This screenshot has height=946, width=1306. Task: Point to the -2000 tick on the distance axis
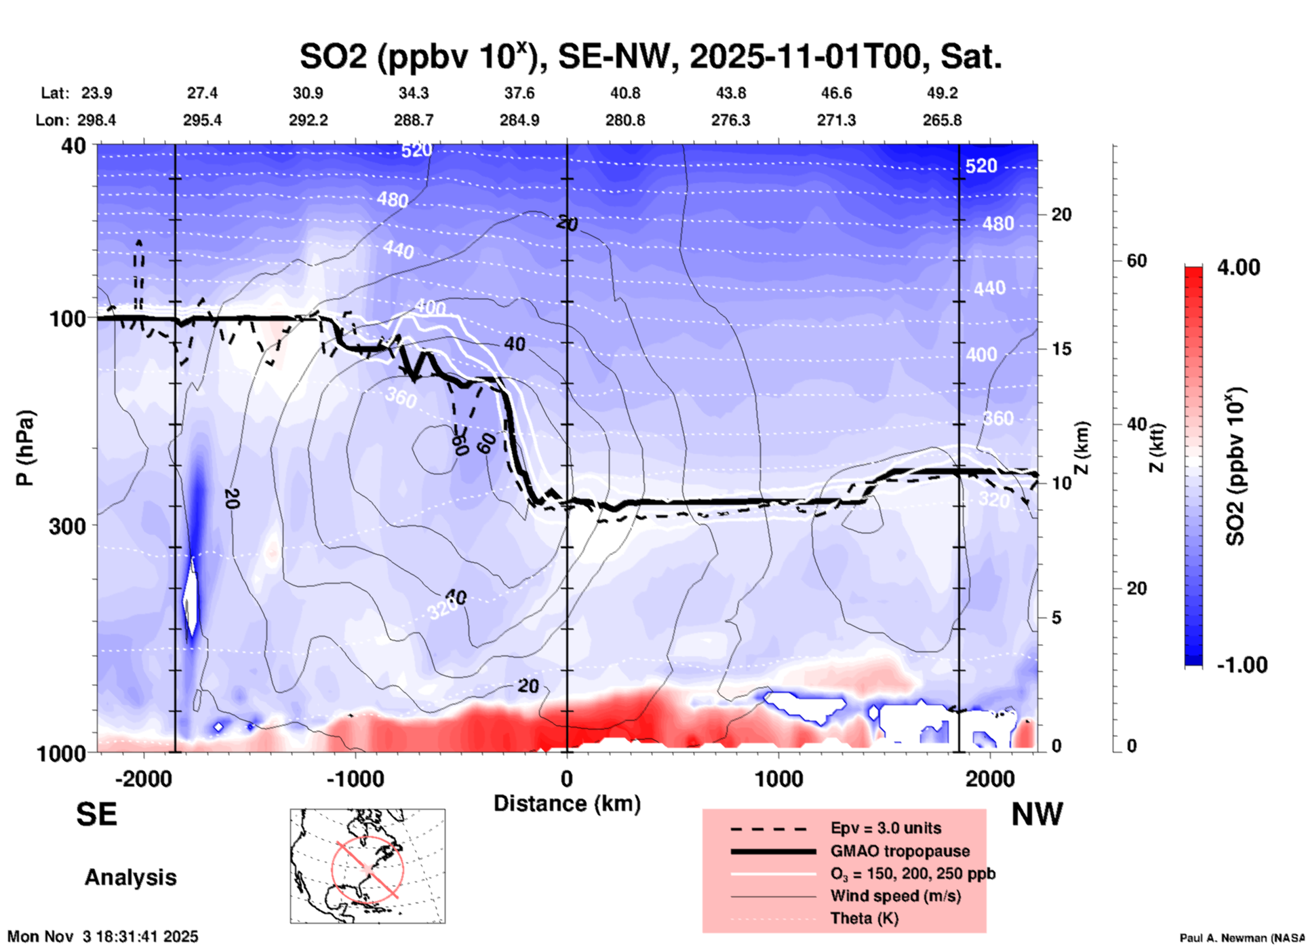pyautogui.click(x=144, y=778)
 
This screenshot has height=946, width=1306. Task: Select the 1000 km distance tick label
pyautogui.click(x=778, y=778)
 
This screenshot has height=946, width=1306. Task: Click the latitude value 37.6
pyautogui.click(x=519, y=93)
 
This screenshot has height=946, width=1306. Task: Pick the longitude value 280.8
pyautogui.click(x=625, y=120)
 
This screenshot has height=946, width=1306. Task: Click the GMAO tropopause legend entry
pyautogui.click(x=899, y=851)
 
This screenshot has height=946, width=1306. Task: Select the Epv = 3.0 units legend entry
pyautogui.click(x=885, y=828)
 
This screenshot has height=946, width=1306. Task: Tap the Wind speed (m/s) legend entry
pyautogui.click(x=895, y=896)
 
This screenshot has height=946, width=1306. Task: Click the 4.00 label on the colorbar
pyautogui.click(x=1238, y=267)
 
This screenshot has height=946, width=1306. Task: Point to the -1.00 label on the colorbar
pyautogui.click(x=1242, y=665)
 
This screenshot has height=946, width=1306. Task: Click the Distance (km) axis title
pyautogui.click(x=567, y=803)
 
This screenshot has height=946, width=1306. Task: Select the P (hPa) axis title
pyautogui.click(x=25, y=448)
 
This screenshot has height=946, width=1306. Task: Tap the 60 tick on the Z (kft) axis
pyautogui.click(x=1136, y=261)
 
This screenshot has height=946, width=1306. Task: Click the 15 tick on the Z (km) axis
pyautogui.click(x=1062, y=349)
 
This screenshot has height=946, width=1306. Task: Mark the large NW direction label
pyautogui.click(x=1037, y=814)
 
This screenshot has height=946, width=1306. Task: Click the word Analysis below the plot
pyautogui.click(x=130, y=877)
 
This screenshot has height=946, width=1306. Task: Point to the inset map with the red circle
pyautogui.click(x=368, y=865)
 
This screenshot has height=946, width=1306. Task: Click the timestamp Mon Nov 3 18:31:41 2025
pyautogui.click(x=103, y=936)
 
